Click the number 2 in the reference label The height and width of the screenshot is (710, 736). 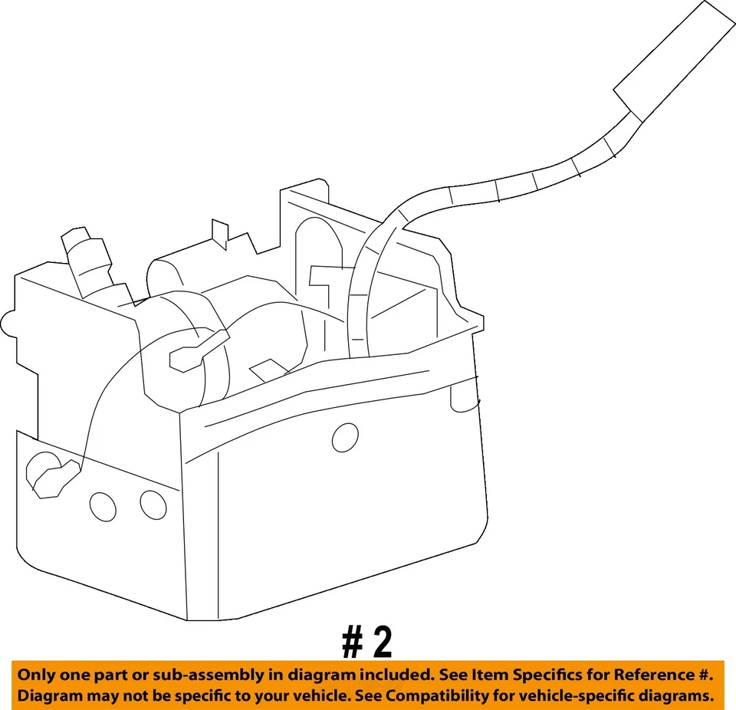379,643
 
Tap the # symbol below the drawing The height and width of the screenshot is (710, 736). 353,643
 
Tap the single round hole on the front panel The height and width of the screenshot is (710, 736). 345,436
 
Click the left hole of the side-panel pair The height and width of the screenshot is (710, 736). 103,506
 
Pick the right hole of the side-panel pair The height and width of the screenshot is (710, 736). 153,504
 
